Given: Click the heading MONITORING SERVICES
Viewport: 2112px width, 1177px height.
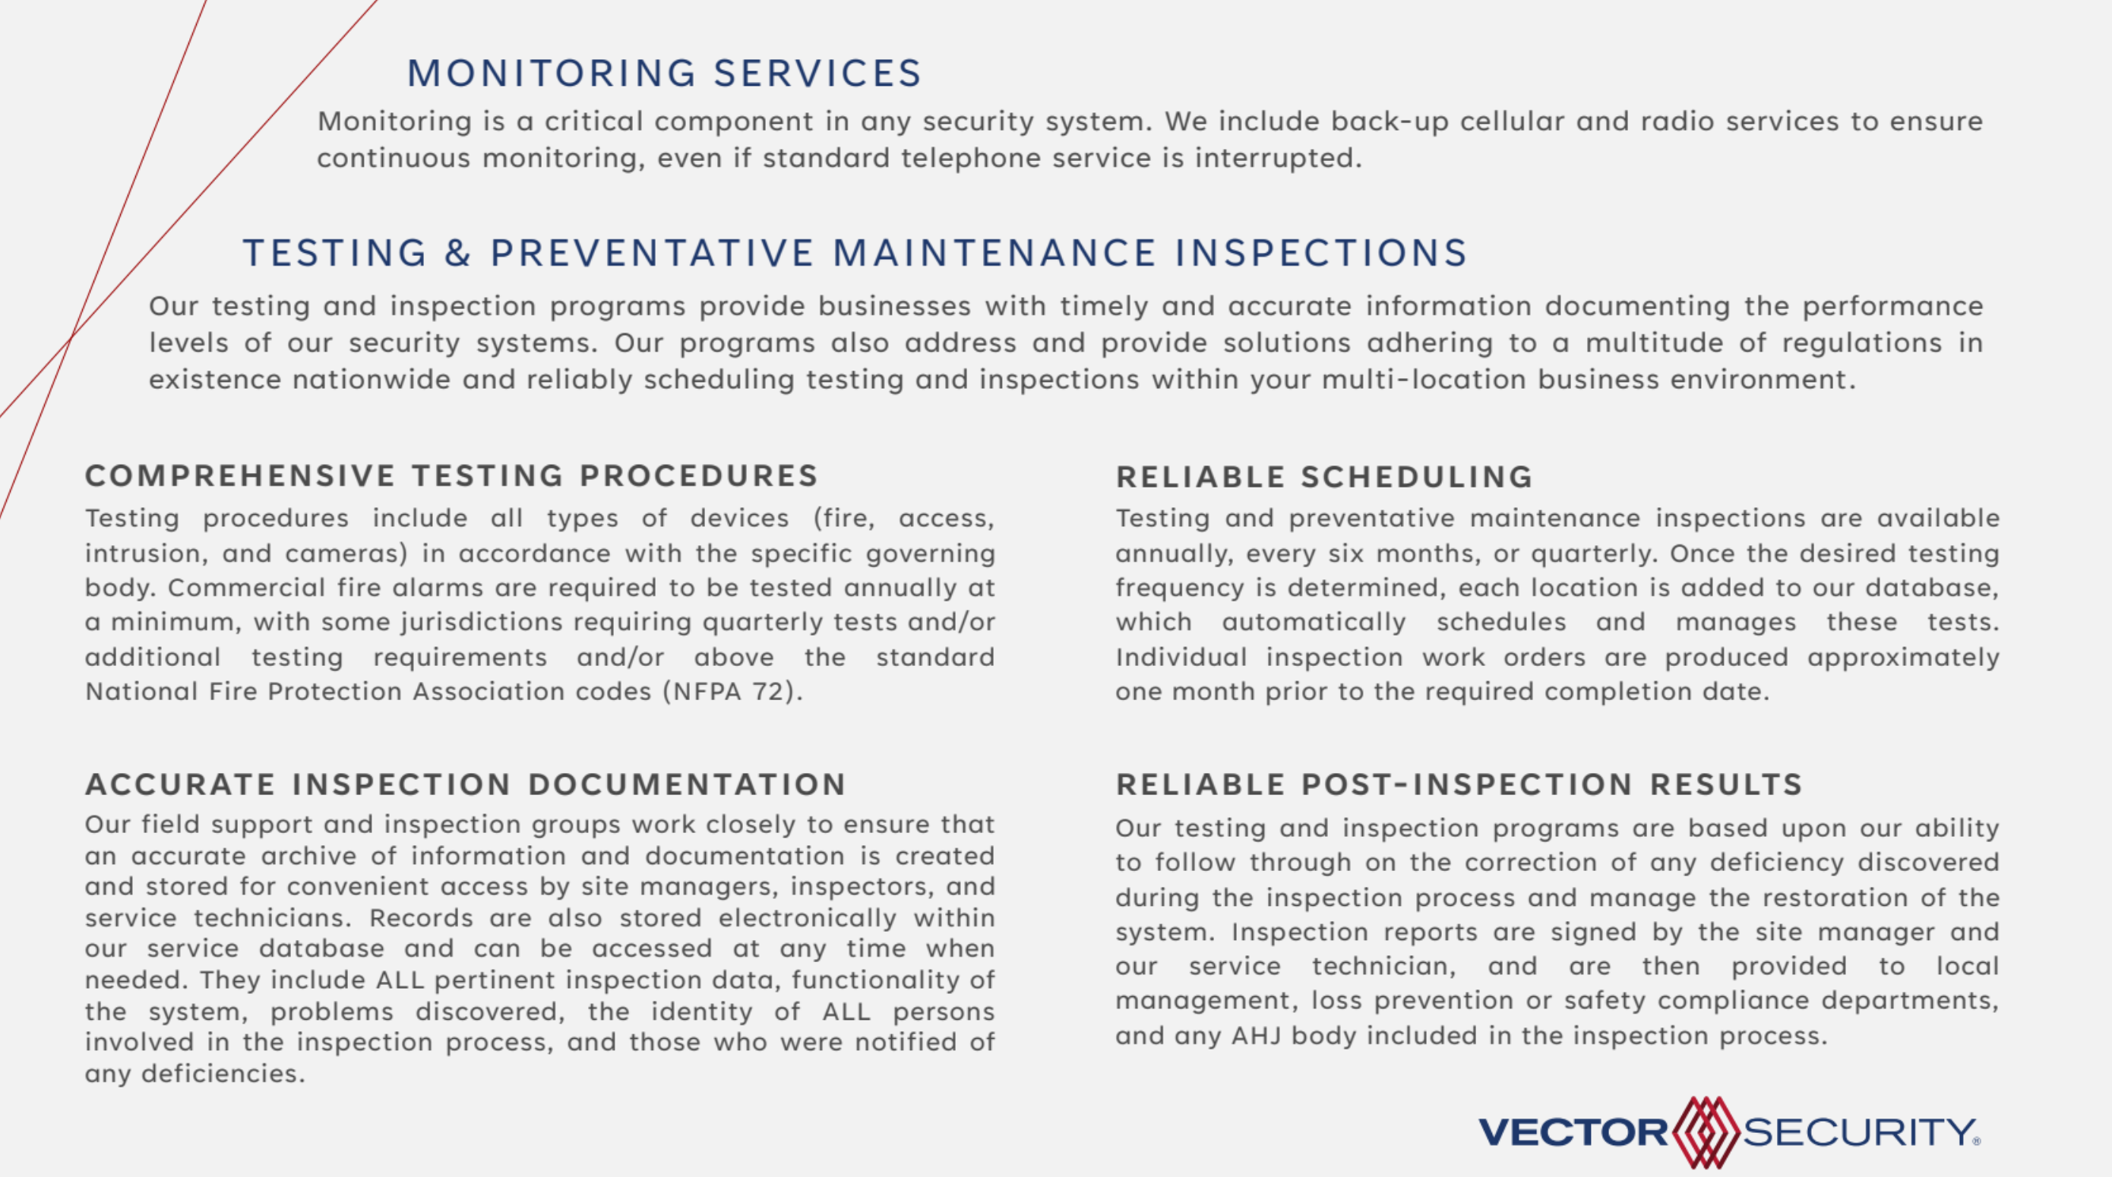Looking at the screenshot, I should click(664, 74).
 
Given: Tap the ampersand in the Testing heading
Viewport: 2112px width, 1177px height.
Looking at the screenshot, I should click(457, 254).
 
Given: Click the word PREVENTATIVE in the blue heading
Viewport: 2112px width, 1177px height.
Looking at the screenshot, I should click(652, 254).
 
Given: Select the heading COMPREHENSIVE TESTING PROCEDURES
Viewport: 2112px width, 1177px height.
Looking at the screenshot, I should click(452, 476).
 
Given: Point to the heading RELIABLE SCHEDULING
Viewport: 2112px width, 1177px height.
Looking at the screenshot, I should click(1324, 477).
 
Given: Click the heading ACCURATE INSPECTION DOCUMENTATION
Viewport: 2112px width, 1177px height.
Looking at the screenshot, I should click(466, 784).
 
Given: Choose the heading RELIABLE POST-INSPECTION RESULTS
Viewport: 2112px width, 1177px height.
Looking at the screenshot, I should click(1459, 784).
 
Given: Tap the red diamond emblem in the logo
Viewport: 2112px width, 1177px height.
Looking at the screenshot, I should click(1706, 1133).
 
